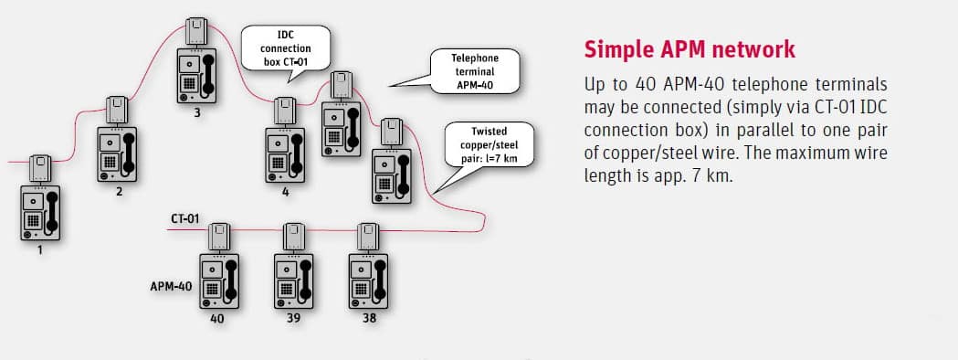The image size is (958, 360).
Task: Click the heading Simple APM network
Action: coord(690,48)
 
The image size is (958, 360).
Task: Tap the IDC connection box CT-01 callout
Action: coord(284,47)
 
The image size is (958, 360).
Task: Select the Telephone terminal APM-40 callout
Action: coord(475,71)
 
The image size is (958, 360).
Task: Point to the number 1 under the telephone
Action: coord(39,249)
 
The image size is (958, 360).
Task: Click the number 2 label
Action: coord(119,192)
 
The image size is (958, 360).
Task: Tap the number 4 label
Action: coord(285,192)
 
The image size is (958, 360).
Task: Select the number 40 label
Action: coord(217,318)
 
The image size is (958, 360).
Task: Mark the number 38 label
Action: coord(367,318)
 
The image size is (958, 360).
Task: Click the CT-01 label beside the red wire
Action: coord(185,219)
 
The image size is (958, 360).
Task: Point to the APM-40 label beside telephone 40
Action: coord(171,286)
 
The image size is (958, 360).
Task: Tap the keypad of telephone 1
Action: coord(33,220)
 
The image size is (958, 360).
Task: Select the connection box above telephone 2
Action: coord(118,111)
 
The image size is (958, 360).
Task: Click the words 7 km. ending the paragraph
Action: coord(711,174)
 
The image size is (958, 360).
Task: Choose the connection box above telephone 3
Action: coord(196,32)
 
